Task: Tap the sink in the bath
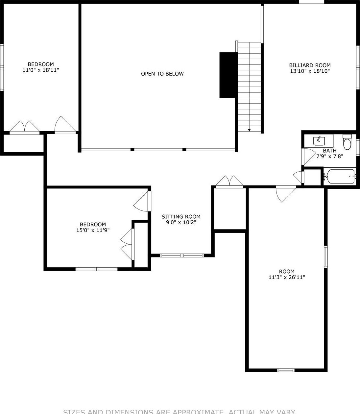pyautogui.click(x=319, y=141)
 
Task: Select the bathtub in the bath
pyautogui.click(x=339, y=177)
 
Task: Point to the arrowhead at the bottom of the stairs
pyautogui.click(x=250, y=130)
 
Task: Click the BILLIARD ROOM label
pyautogui.click(x=310, y=65)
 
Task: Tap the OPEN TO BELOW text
pyautogui.click(x=162, y=74)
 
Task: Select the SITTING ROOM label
pyautogui.click(x=181, y=216)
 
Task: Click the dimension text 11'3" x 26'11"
pyautogui.click(x=287, y=277)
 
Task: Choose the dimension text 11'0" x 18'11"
pyautogui.click(x=40, y=70)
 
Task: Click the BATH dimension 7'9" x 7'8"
pyautogui.click(x=329, y=157)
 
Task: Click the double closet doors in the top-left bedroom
pyautogui.click(x=25, y=127)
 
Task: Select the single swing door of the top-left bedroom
pyautogui.click(x=65, y=125)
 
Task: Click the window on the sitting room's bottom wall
pyautogui.click(x=182, y=255)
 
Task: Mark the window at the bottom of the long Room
pyautogui.click(x=285, y=370)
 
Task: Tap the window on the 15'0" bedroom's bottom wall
pyautogui.click(x=96, y=269)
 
